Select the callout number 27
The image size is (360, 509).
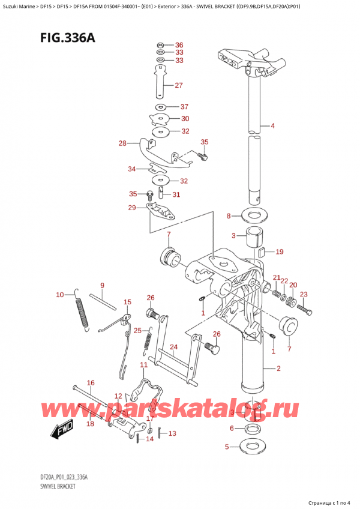click(x=178, y=85)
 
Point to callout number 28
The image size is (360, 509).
click(x=123, y=143)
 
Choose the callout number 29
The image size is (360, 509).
click(x=132, y=207)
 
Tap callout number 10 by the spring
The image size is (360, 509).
click(x=59, y=294)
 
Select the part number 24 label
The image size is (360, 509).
click(x=173, y=346)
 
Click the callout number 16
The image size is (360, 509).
click(x=91, y=382)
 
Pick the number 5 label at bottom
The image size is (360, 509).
click(x=227, y=447)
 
